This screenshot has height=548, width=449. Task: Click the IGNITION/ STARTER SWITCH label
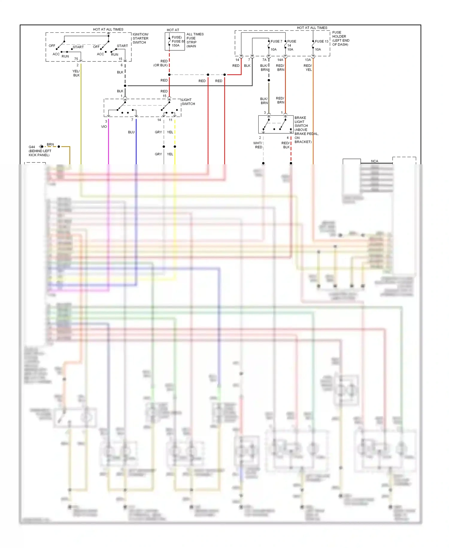pyautogui.click(x=140, y=38)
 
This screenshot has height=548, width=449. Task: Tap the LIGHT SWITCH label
pyautogui.click(x=188, y=102)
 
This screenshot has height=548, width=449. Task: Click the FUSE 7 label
pyautogui.click(x=276, y=41)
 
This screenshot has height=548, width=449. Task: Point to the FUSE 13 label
pyautogui.click(x=321, y=41)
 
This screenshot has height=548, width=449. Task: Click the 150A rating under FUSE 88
pyautogui.click(x=175, y=46)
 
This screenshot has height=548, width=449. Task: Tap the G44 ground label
pyautogui.click(x=32, y=147)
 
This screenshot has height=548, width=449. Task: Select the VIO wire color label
pyautogui.click(x=104, y=127)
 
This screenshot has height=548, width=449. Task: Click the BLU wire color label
pyautogui.click(x=131, y=132)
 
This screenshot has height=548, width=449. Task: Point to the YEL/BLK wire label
pyautogui.click(x=76, y=73)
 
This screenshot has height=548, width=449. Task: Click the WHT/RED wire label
pyautogui.click(x=258, y=145)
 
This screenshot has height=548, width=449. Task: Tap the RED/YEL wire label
pyautogui.click(x=308, y=67)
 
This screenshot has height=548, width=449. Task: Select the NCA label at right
pyautogui.click(x=374, y=161)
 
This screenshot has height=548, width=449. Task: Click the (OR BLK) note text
pyautogui.click(x=160, y=65)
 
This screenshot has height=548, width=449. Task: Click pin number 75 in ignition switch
pyautogui.click(x=76, y=59)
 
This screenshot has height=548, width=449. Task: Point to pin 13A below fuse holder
pyautogui.click(x=308, y=60)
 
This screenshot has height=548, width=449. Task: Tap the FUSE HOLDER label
pyautogui.click(x=339, y=34)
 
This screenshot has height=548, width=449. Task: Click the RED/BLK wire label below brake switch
pyautogui.click(x=286, y=145)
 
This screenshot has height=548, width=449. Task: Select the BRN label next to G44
pyautogui.click(x=50, y=144)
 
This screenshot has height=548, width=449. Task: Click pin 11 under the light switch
pyautogui.click(x=170, y=120)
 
